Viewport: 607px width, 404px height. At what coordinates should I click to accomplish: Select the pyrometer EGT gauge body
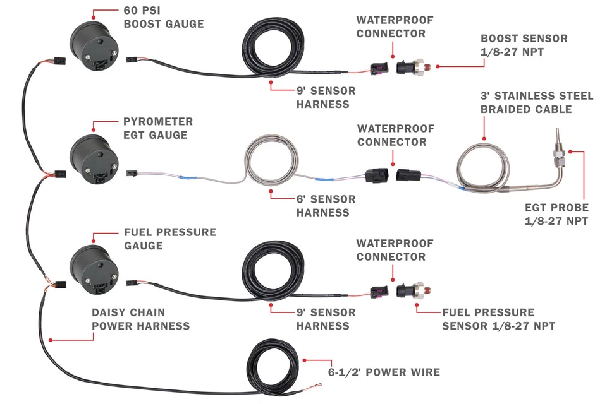tap(94, 158)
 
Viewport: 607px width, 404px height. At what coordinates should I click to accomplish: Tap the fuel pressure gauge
tap(93, 268)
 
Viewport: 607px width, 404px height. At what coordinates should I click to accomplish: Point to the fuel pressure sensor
tap(414, 290)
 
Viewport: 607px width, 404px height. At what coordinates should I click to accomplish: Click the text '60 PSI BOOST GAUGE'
tap(164, 18)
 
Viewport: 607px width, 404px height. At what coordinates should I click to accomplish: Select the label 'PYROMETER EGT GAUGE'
tap(158, 128)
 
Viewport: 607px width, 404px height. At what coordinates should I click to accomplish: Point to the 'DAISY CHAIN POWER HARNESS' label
tap(140, 319)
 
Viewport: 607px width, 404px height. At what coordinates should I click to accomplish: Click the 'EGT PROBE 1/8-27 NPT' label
tap(556, 214)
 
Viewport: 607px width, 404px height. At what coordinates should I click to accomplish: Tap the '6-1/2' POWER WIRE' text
tap(384, 372)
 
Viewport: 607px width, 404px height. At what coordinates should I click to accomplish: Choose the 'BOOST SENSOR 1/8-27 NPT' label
tap(524, 45)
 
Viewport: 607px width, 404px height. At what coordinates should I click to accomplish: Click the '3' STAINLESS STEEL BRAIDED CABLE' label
tap(536, 102)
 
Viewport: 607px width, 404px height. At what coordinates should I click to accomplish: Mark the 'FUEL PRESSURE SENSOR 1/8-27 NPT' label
tap(498, 319)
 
